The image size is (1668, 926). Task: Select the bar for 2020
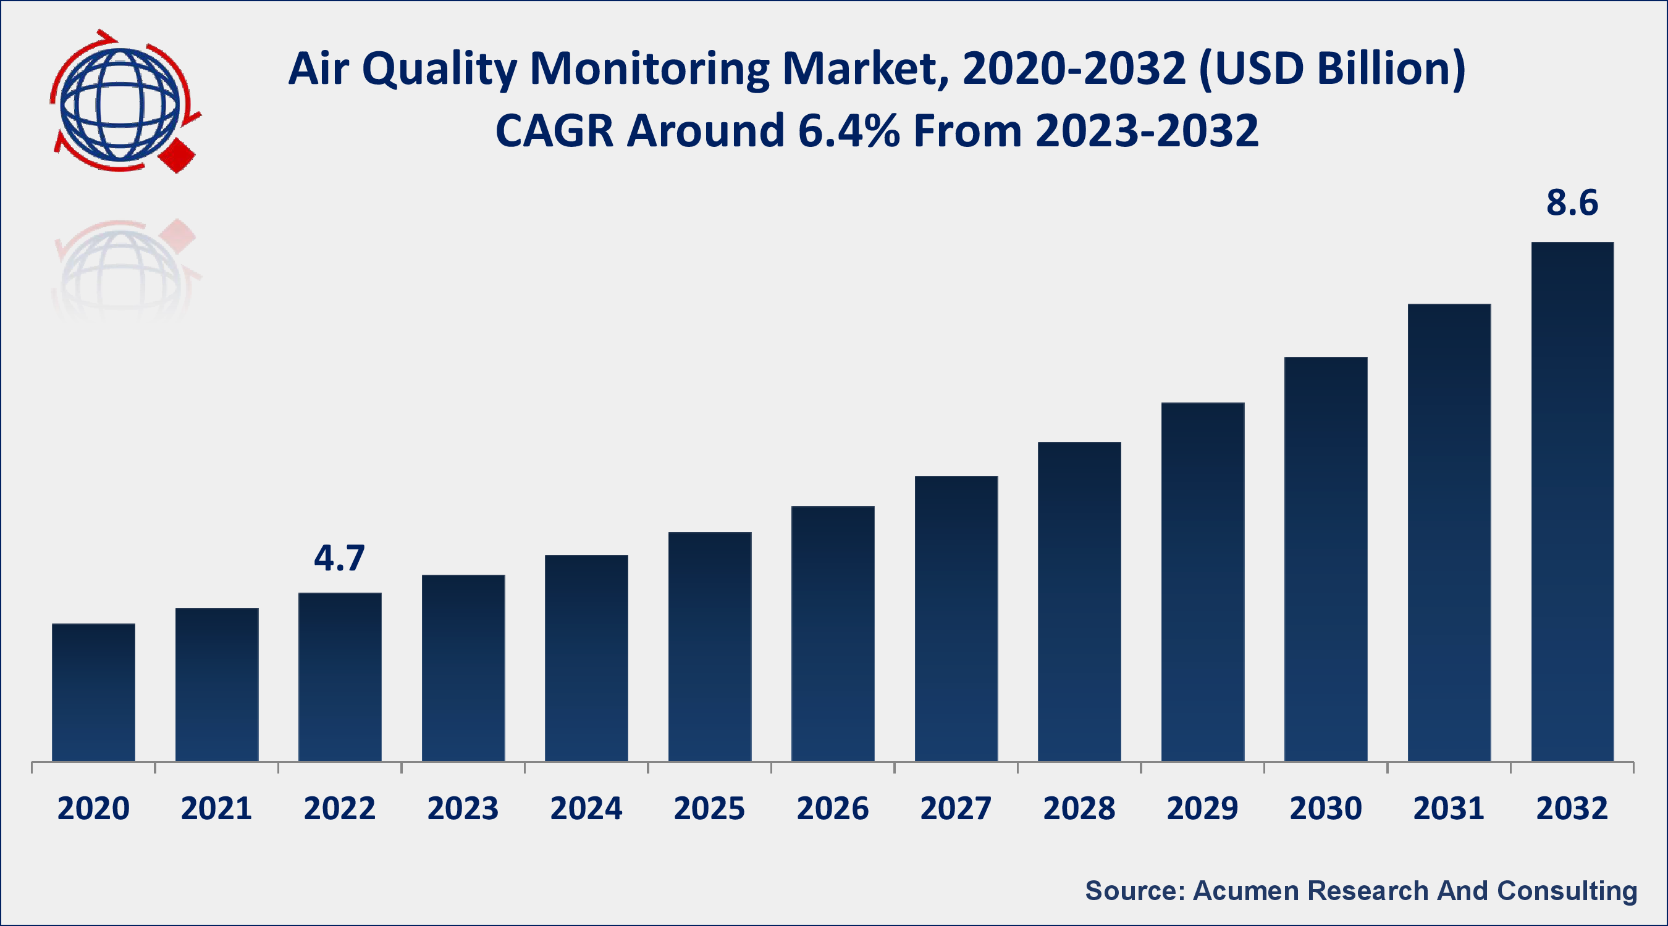(x=93, y=693)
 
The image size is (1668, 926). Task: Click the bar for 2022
(x=340, y=677)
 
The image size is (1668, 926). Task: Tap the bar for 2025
(x=710, y=646)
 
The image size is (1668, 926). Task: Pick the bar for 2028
(x=1079, y=602)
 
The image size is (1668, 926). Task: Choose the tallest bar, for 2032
(x=1572, y=501)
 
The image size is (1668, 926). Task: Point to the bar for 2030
(x=1326, y=559)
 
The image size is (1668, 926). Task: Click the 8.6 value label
(x=1572, y=203)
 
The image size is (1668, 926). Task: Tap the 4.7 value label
(x=339, y=558)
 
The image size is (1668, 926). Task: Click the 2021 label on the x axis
(x=216, y=809)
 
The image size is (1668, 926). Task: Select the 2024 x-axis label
(x=586, y=809)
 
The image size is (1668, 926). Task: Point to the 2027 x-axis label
(x=956, y=809)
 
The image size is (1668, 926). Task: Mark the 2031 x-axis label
(x=1449, y=809)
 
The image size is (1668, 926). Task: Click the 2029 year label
(x=1202, y=809)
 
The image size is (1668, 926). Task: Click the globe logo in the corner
(x=120, y=104)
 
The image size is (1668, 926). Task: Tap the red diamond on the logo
(x=177, y=155)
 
